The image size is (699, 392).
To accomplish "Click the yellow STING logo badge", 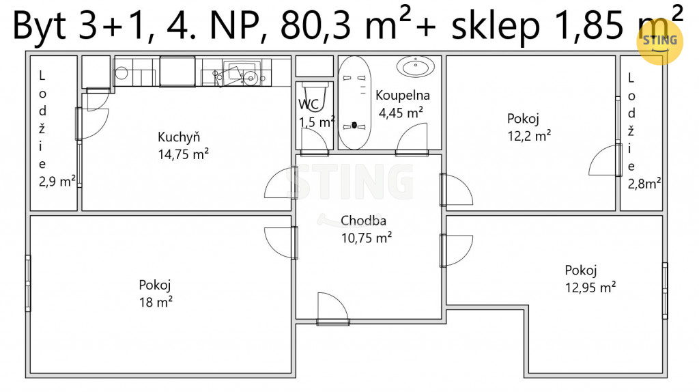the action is [x=660, y=42].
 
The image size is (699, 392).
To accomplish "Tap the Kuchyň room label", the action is [x=179, y=137].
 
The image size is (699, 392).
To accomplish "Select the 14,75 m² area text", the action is [x=183, y=154].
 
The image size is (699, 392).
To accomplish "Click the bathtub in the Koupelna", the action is [x=354, y=102].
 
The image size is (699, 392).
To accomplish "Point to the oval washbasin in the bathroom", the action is [x=416, y=66].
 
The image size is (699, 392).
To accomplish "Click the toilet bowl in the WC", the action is [x=315, y=95].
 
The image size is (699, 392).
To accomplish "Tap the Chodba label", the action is [x=363, y=221].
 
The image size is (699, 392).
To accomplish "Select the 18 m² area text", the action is [x=156, y=302].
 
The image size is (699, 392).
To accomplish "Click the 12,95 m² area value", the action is [x=590, y=288].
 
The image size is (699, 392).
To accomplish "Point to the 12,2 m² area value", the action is [x=529, y=136].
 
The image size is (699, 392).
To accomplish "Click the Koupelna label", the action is [x=403, y=95].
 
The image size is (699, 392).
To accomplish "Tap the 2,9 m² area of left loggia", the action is [x=57, y=182].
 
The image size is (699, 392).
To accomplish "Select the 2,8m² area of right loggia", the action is [x=644, y=183].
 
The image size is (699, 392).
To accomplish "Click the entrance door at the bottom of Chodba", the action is [x=332, y=309].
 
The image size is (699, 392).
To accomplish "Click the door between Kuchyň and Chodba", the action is [x=281, y=183].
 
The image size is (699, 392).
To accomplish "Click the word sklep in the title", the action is [x=496, y=26].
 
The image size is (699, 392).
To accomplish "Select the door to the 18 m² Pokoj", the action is [x=281, y=243].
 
